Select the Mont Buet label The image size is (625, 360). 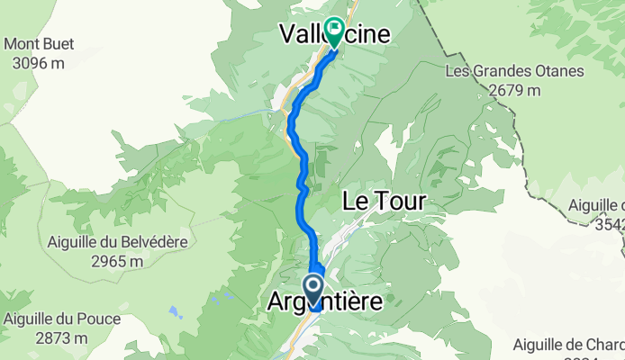tap(41, 44)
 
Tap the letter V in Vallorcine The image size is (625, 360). tap(286, 35)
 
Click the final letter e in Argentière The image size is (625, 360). tap(375, 304)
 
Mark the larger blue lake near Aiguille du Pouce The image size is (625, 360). tap(171, 312)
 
